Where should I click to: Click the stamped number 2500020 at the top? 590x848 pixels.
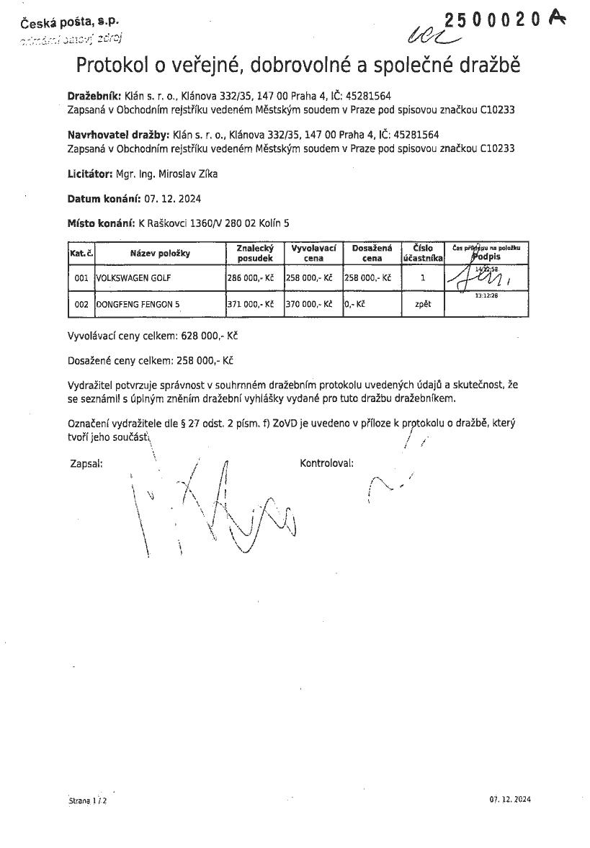point(493,21)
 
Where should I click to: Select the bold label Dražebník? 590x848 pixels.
point(94,95)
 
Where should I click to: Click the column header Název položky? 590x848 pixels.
point(159,253)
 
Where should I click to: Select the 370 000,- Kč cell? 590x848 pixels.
point(308,304)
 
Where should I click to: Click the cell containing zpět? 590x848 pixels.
point(423,304)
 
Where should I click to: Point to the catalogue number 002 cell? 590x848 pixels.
point(81,304)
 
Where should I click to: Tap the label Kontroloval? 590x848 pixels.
point(326,463)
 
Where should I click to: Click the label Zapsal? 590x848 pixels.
point(86,463)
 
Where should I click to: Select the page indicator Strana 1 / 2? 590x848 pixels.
point(87,800)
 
